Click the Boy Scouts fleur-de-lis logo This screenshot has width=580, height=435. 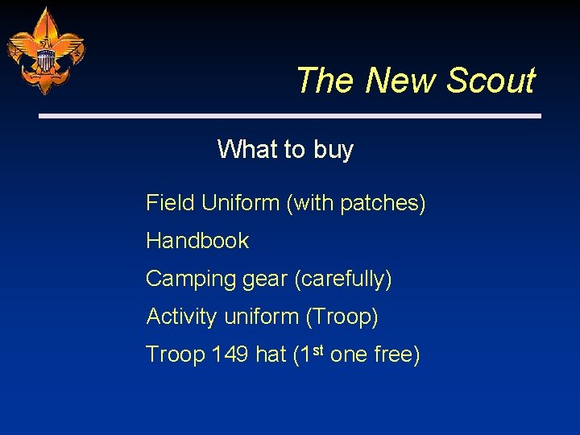click(45, 51)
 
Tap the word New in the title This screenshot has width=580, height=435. click(401, 81)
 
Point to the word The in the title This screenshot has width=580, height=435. click(326, 81)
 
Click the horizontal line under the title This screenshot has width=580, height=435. click(290, 116)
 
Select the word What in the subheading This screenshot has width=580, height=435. click(247, 149)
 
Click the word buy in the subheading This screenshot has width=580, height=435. click(333, 150)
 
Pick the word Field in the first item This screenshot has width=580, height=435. click(170, 203)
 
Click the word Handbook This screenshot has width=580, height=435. click(197, 241)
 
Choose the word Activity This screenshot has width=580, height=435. click(181, 317)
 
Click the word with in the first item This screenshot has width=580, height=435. click(314, 203)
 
